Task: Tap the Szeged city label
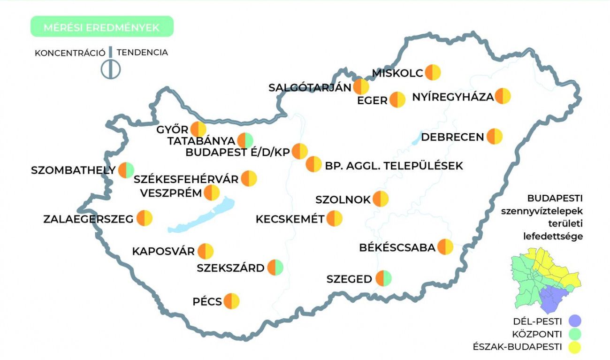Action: (349, 279)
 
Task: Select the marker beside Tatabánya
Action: (245, 140)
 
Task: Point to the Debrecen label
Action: (452, 137)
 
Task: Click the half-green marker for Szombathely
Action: (126, 170)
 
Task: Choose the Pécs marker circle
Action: (232, 301)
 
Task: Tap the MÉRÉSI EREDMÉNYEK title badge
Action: (101, 27)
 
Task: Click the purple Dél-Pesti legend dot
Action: (574, 321)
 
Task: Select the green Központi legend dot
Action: (574, 334)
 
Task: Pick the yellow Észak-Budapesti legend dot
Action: (574, 347)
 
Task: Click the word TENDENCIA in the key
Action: (142, 53)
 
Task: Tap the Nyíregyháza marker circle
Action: (503, 96)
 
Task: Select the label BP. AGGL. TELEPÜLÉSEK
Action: (394, 166)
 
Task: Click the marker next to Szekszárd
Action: (275, 268)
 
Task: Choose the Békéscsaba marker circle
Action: (445, 247)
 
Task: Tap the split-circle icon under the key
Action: (111, 69)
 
